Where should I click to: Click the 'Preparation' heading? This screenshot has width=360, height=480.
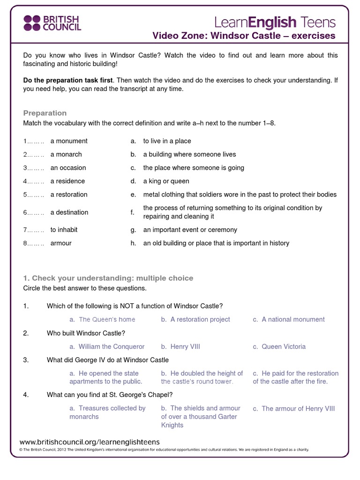45,113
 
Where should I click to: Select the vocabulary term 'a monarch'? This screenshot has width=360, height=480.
66,154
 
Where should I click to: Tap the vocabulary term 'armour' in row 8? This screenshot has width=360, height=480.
61,243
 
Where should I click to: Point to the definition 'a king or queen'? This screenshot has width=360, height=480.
166,181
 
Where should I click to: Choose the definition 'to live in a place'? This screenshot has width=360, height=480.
167,141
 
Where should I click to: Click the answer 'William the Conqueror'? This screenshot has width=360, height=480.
112,346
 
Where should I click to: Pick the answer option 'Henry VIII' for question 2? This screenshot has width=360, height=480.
185,346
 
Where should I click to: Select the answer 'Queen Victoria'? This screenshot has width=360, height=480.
284,346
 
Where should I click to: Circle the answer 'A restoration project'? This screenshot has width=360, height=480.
200,319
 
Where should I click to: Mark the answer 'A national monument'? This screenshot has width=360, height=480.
293,319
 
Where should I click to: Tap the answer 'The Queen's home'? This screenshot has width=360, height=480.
107,319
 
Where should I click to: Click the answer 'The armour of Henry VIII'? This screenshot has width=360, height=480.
298,408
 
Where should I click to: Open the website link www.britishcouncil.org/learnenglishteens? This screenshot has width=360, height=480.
90,442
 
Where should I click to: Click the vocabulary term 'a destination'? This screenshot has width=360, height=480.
69,212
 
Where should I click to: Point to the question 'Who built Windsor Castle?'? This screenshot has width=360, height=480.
86,333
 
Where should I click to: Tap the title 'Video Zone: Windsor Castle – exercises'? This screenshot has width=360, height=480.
244,36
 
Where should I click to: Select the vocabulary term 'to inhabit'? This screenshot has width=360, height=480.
64,230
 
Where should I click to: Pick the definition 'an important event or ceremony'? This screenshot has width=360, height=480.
190,230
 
